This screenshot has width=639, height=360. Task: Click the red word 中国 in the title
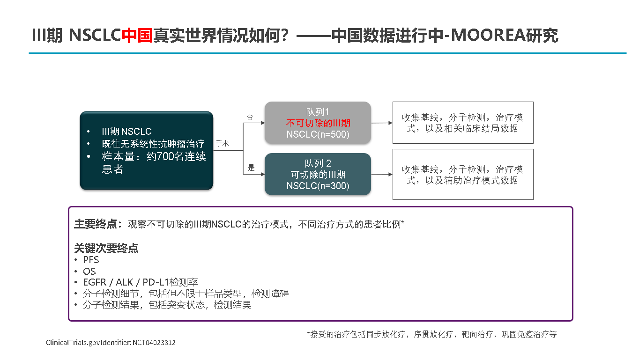tap(137, 35)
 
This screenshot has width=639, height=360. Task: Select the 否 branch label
tap(250, 117)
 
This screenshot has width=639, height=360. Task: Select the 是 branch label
tap(251, 168)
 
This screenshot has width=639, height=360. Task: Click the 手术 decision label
tap(222, 143)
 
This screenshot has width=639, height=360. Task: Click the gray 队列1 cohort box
tap(318, 123)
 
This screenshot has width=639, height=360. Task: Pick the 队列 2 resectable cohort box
tap(318, 174)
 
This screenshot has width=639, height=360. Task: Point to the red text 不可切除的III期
tap(318, 123)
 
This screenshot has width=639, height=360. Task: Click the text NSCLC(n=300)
tap(318, 186)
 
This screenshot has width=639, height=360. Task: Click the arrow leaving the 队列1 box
tap(382, 123)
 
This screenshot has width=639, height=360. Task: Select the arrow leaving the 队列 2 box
tap(382, 174)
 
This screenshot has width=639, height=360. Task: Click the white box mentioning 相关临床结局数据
tap(463, 123)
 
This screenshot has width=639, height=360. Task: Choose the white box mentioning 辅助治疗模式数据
tap(463, 175)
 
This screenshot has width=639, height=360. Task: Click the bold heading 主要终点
tap(96, 224)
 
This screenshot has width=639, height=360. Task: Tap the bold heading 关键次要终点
tap(106, 248)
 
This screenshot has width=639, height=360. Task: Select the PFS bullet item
tap(91, 260)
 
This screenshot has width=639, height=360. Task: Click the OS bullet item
tap(89, 271)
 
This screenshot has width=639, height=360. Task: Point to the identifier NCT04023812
tap(154, 342)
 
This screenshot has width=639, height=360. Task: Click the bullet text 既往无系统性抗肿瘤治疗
tap(153, 144)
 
